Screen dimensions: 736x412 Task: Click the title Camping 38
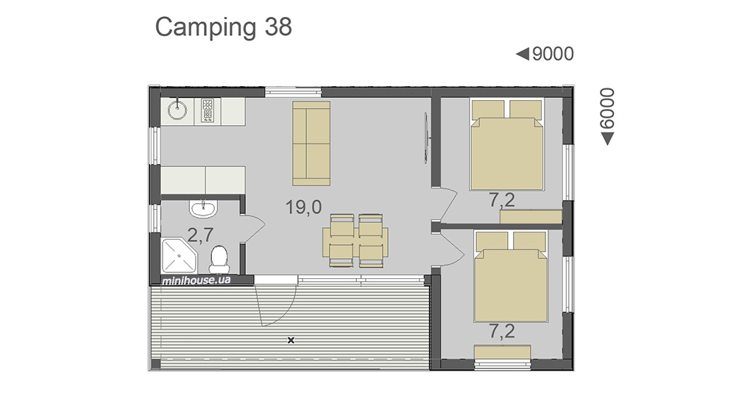click(x=224, y=28)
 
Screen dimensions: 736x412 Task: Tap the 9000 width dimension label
click(x=553, y=54)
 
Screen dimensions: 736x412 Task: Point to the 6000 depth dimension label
click(x=607, y=108)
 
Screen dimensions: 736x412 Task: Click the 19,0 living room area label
click(x=304, y=207)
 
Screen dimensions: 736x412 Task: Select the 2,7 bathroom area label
click(x=200, y=235)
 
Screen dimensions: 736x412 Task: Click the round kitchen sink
click(x=177, y=110)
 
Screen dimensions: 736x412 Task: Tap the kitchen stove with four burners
click(x=208, y=111)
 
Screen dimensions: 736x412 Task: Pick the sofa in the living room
click(x=311, y=143)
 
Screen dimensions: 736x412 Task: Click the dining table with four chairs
click(x=355, y=241)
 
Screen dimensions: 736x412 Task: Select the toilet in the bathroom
click(x=219, y=260)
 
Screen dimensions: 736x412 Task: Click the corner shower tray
click(x=180, y=256)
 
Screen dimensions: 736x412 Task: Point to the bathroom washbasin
click(x=203, y=208)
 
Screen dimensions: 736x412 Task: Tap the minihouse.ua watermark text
click(x=197, y=280)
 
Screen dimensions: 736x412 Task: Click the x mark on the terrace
click(x=291, y=340)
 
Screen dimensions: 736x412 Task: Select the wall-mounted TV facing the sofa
click(x=426, y=138)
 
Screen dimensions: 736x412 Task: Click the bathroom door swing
click(x=253, y=229)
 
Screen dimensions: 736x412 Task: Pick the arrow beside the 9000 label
click(x=523, y=54)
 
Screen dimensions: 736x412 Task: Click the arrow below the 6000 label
click(x=607, y=139)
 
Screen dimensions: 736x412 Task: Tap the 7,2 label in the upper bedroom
click(x=502, y=200)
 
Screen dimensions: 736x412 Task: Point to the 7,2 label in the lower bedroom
click(x=502, y=332)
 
